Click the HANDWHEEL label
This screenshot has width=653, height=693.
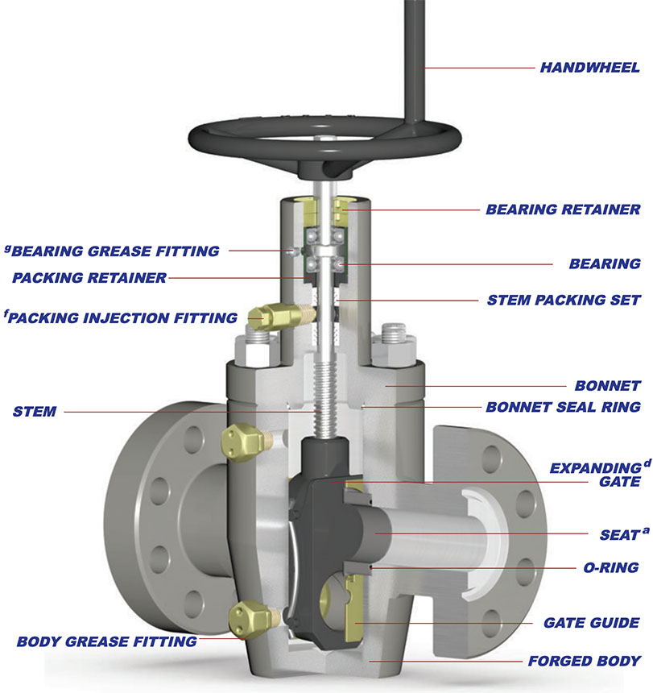coord(589,67)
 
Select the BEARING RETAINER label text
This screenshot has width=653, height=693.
coord(563,210)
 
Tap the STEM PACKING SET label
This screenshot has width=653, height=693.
coord(564,301)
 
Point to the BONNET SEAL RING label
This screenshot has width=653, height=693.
coord(563,407)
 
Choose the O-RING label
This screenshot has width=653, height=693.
coord(610,567)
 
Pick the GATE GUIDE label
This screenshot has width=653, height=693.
coord(591,622)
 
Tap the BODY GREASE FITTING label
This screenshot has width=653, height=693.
coord(107,642)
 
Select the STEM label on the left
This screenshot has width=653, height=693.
coord(35,412)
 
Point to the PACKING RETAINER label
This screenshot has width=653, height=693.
coord(89,278)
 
